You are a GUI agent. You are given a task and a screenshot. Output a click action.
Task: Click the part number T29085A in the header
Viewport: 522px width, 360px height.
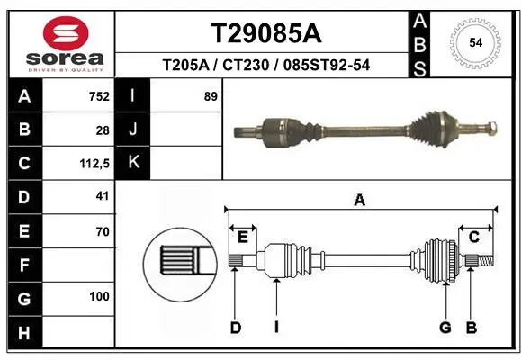(x=265, y=33)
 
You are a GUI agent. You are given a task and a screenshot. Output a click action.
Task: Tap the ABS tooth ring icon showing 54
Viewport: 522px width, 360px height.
(x=473, y=41)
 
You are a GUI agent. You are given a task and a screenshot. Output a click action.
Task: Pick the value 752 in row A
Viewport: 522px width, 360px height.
(x=99, y=96)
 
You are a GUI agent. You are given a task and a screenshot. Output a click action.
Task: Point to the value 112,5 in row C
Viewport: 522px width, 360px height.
(x=95, y=163)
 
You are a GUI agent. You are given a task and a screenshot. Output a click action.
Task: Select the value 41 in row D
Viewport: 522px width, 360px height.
(x=102, y=195)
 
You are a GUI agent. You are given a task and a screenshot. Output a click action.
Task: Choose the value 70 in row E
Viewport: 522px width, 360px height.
(x=102, y=231)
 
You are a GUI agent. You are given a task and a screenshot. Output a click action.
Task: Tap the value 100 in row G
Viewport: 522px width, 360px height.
(x=99, y=296)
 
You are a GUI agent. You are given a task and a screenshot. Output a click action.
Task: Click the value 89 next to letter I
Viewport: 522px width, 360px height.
(x=211, y=96)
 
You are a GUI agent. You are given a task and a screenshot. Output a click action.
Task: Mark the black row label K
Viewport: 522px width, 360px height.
(x=133, y=163)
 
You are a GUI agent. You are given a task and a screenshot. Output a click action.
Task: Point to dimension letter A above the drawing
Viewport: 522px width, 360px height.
(x=360, y=202)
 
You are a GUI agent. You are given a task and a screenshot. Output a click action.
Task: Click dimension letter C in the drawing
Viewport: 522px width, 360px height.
(x=473, y=237)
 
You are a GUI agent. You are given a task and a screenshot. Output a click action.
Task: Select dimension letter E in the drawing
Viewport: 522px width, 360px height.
(x=242, y=237)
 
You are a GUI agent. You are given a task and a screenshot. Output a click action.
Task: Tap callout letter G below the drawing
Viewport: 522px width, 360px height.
(x=445, y=327)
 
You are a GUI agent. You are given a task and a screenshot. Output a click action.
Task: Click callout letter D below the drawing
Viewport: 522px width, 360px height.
(x=236, y=327)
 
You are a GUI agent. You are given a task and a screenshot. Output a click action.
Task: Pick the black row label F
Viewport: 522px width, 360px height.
(x=23, y=265)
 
